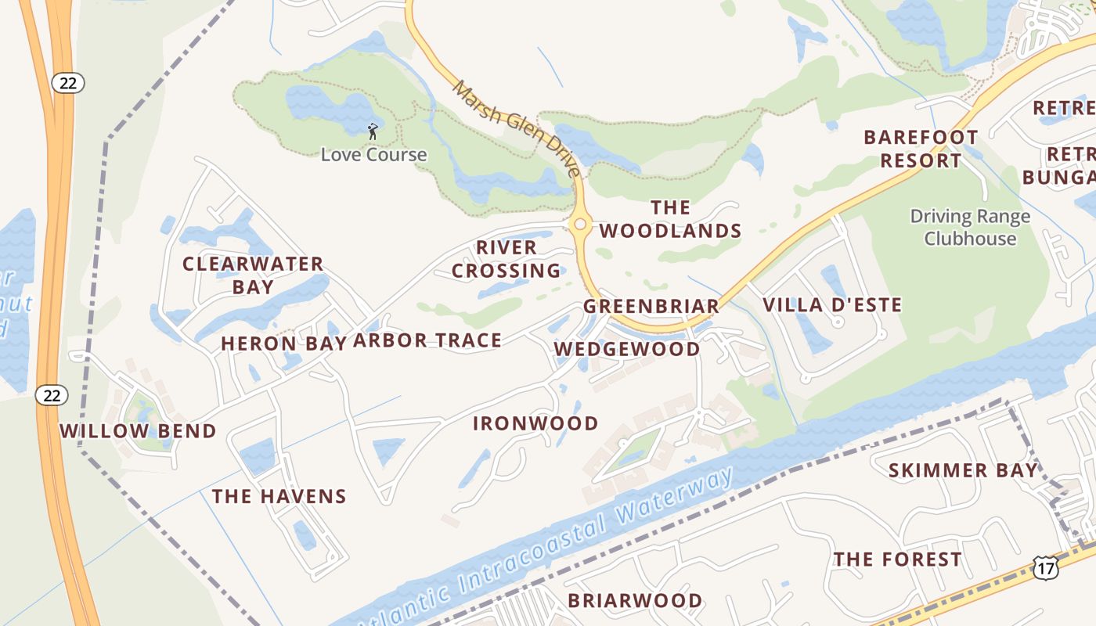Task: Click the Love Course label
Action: (x=373, y=154)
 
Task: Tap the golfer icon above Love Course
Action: (x=373, y=131)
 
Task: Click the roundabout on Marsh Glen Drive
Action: (x=579, y=225)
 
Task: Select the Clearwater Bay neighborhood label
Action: (x=253, y=275)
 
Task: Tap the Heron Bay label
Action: (x=283, y=343)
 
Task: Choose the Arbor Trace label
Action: (x=427, y=340)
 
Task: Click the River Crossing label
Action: (x=507, y=259)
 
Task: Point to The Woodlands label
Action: (x=670, y=219)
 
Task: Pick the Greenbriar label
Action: (x=651, y=306)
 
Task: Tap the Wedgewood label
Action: (x=627, y=349)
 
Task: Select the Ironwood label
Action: (x=535, y=423)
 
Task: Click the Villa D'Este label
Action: (x=832, y=304)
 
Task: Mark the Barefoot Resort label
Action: (x=921, y=149)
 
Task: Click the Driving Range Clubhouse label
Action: (x=970, y=227)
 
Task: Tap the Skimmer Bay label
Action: (x=963, y=470)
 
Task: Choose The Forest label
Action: (x=897, y=559)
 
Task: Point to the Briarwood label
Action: (x=635, y=600)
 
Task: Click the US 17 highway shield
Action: (x=1045, y=567)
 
